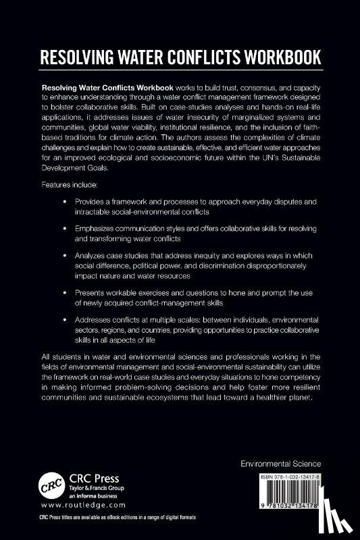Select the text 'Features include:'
coord(70,184)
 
